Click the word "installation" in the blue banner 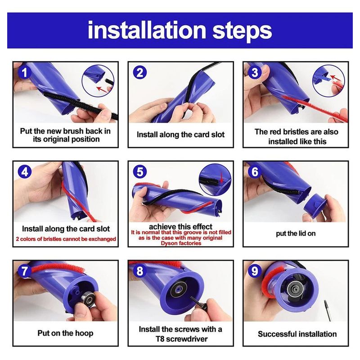(x=147, y=30)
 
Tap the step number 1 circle (x=24, y=73)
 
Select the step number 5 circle (x=140, y=172)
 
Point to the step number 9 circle (x=255, y=271)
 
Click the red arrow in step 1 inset (x=102, y=89)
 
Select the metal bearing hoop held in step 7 (x=87, y=299)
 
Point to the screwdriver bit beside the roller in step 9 (x=328, y=310)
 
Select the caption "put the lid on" (x=296, y=234)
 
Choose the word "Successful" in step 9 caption (x=275, y=334)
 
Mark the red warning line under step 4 (x=66, y=239)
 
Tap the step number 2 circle (x=140, y=73)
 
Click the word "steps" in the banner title (x=242, y=31)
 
